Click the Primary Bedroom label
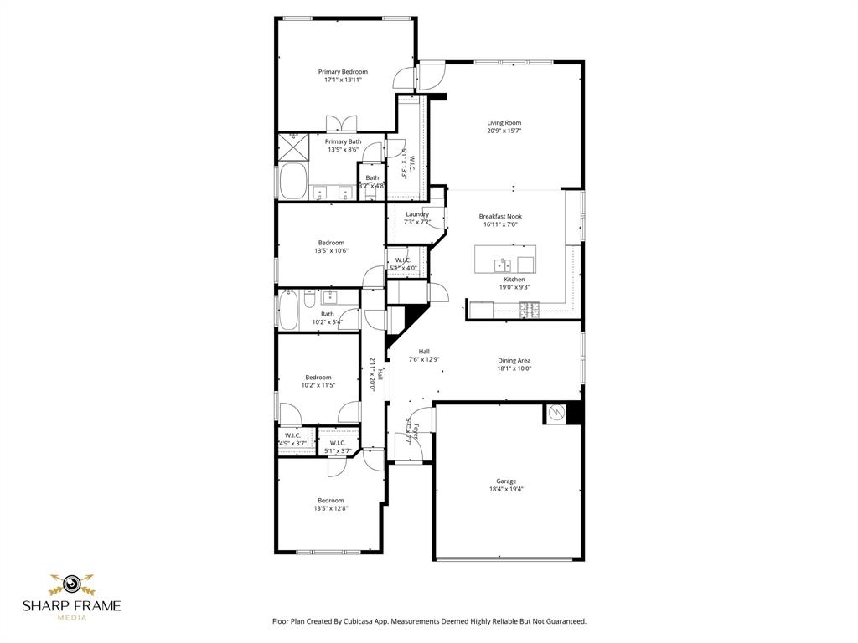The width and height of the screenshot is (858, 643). pyautogui.click(x=343, y=72)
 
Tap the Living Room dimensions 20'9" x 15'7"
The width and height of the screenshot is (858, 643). pyautogui.click(x=504, y=131)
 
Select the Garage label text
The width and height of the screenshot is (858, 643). pyautogui.click(x=505, y=481)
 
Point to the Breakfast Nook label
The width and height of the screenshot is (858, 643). pyautogui.click(x=500, y=216)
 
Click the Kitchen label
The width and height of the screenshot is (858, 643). pyautogui.click(x=514, y=279)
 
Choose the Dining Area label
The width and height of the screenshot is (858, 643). pyautogui.click(x=514, y=360)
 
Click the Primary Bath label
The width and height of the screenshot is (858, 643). pyautogui.click(x=344, y=141)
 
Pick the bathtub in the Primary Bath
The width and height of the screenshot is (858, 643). pyautogui.click(x=293, y=181)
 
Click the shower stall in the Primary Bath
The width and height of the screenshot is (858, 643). pyautogui.click(x=293, y=147)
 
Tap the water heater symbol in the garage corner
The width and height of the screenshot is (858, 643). pyautogui.click(x=556, y=414)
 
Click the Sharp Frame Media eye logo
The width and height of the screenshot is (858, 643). pyautogui.click(x=71, y=583)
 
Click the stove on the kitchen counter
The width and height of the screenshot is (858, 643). pyautogui.click(x=530, y=309)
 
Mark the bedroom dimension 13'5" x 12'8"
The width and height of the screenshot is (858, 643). pyautogui.click(x=331, y=508)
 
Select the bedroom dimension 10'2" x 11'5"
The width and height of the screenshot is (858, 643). pyautogui.click(x=318, y=385)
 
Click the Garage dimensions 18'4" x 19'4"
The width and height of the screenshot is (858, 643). pyautogui.click(x=505, y=489)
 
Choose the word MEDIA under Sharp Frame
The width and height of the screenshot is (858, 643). pyautogui.click(x=71, y=618)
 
